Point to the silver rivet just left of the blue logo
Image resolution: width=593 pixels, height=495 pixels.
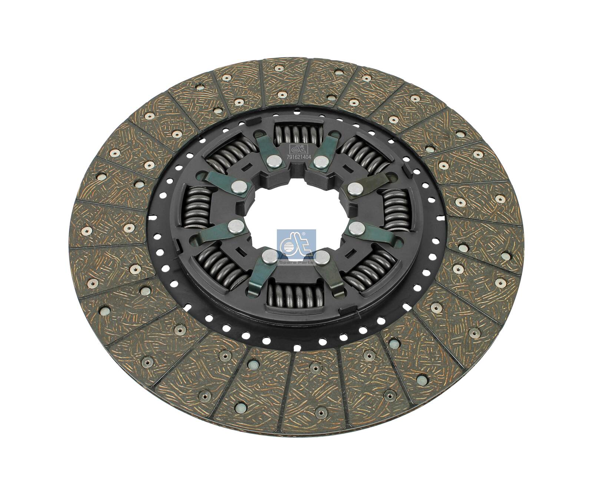(x=270, y=256)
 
